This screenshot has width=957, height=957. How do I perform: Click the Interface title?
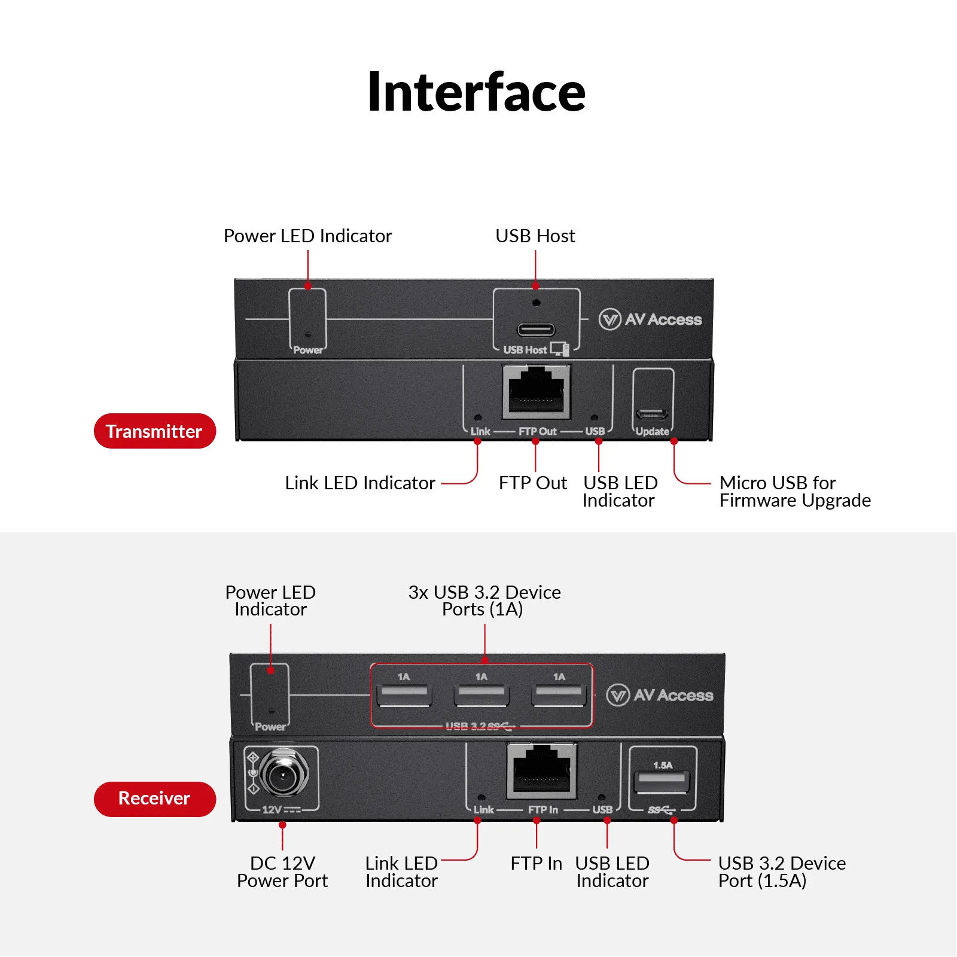coord(476,92)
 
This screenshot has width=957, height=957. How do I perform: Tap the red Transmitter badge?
coord(154,431)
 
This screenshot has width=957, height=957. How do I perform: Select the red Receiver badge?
coord(154,798)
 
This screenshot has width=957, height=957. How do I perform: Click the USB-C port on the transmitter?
coord(536,330)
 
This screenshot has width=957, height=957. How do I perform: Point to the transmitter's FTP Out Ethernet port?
coord(536,392)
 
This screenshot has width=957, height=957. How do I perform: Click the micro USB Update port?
coord(652,414)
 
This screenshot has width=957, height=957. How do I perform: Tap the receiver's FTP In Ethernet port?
coord(542,770)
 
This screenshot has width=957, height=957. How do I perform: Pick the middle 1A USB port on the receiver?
coord(481,696)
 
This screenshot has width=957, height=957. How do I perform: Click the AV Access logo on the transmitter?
coord(650,319)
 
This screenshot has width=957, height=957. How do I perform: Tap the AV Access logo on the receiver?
coord(660,695)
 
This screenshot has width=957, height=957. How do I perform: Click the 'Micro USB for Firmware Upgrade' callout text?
coord(794,491)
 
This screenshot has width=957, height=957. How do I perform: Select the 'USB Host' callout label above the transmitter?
coord(535,236)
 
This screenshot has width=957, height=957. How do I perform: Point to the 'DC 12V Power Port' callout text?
coord(282,871)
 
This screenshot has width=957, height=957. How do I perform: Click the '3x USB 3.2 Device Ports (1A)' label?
coord(484,601)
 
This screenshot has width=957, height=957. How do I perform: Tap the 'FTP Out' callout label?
coord(532,483)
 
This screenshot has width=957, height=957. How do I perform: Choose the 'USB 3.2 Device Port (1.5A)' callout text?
coord(781,871)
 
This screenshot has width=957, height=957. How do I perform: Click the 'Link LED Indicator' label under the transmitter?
coord(359,483)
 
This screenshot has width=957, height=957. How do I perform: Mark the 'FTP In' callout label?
coord(536,863)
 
